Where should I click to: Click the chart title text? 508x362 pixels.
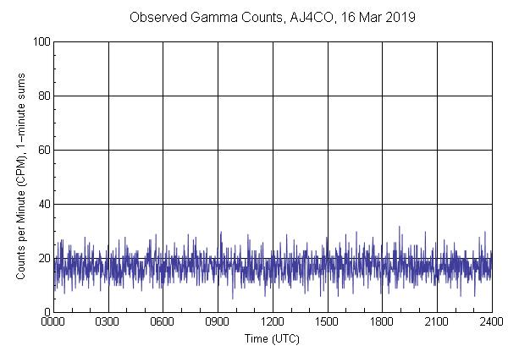(273, 17)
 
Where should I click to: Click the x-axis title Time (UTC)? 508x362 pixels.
(273, 338)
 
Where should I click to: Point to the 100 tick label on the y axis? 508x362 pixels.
(41, 41)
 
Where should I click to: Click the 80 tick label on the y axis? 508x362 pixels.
(43, 96)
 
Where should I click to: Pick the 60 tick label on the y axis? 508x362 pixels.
(43, 150)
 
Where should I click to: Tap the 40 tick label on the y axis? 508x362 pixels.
(43, 204)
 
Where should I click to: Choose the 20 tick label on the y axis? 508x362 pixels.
(43, 258)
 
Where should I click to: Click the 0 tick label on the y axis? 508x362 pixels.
(47, 312)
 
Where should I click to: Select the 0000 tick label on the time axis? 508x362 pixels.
(54, 322)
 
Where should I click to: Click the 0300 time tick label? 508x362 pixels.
(108, 322)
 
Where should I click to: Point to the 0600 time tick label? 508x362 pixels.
(163, 322)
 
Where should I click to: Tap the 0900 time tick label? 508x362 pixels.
(218, 322)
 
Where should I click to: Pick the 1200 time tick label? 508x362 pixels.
(273, 322)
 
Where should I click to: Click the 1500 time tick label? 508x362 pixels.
(328, 322)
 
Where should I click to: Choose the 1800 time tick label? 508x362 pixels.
(382, 322)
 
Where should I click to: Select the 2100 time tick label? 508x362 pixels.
(437, 322)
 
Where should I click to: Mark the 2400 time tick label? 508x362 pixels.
(491, 322)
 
